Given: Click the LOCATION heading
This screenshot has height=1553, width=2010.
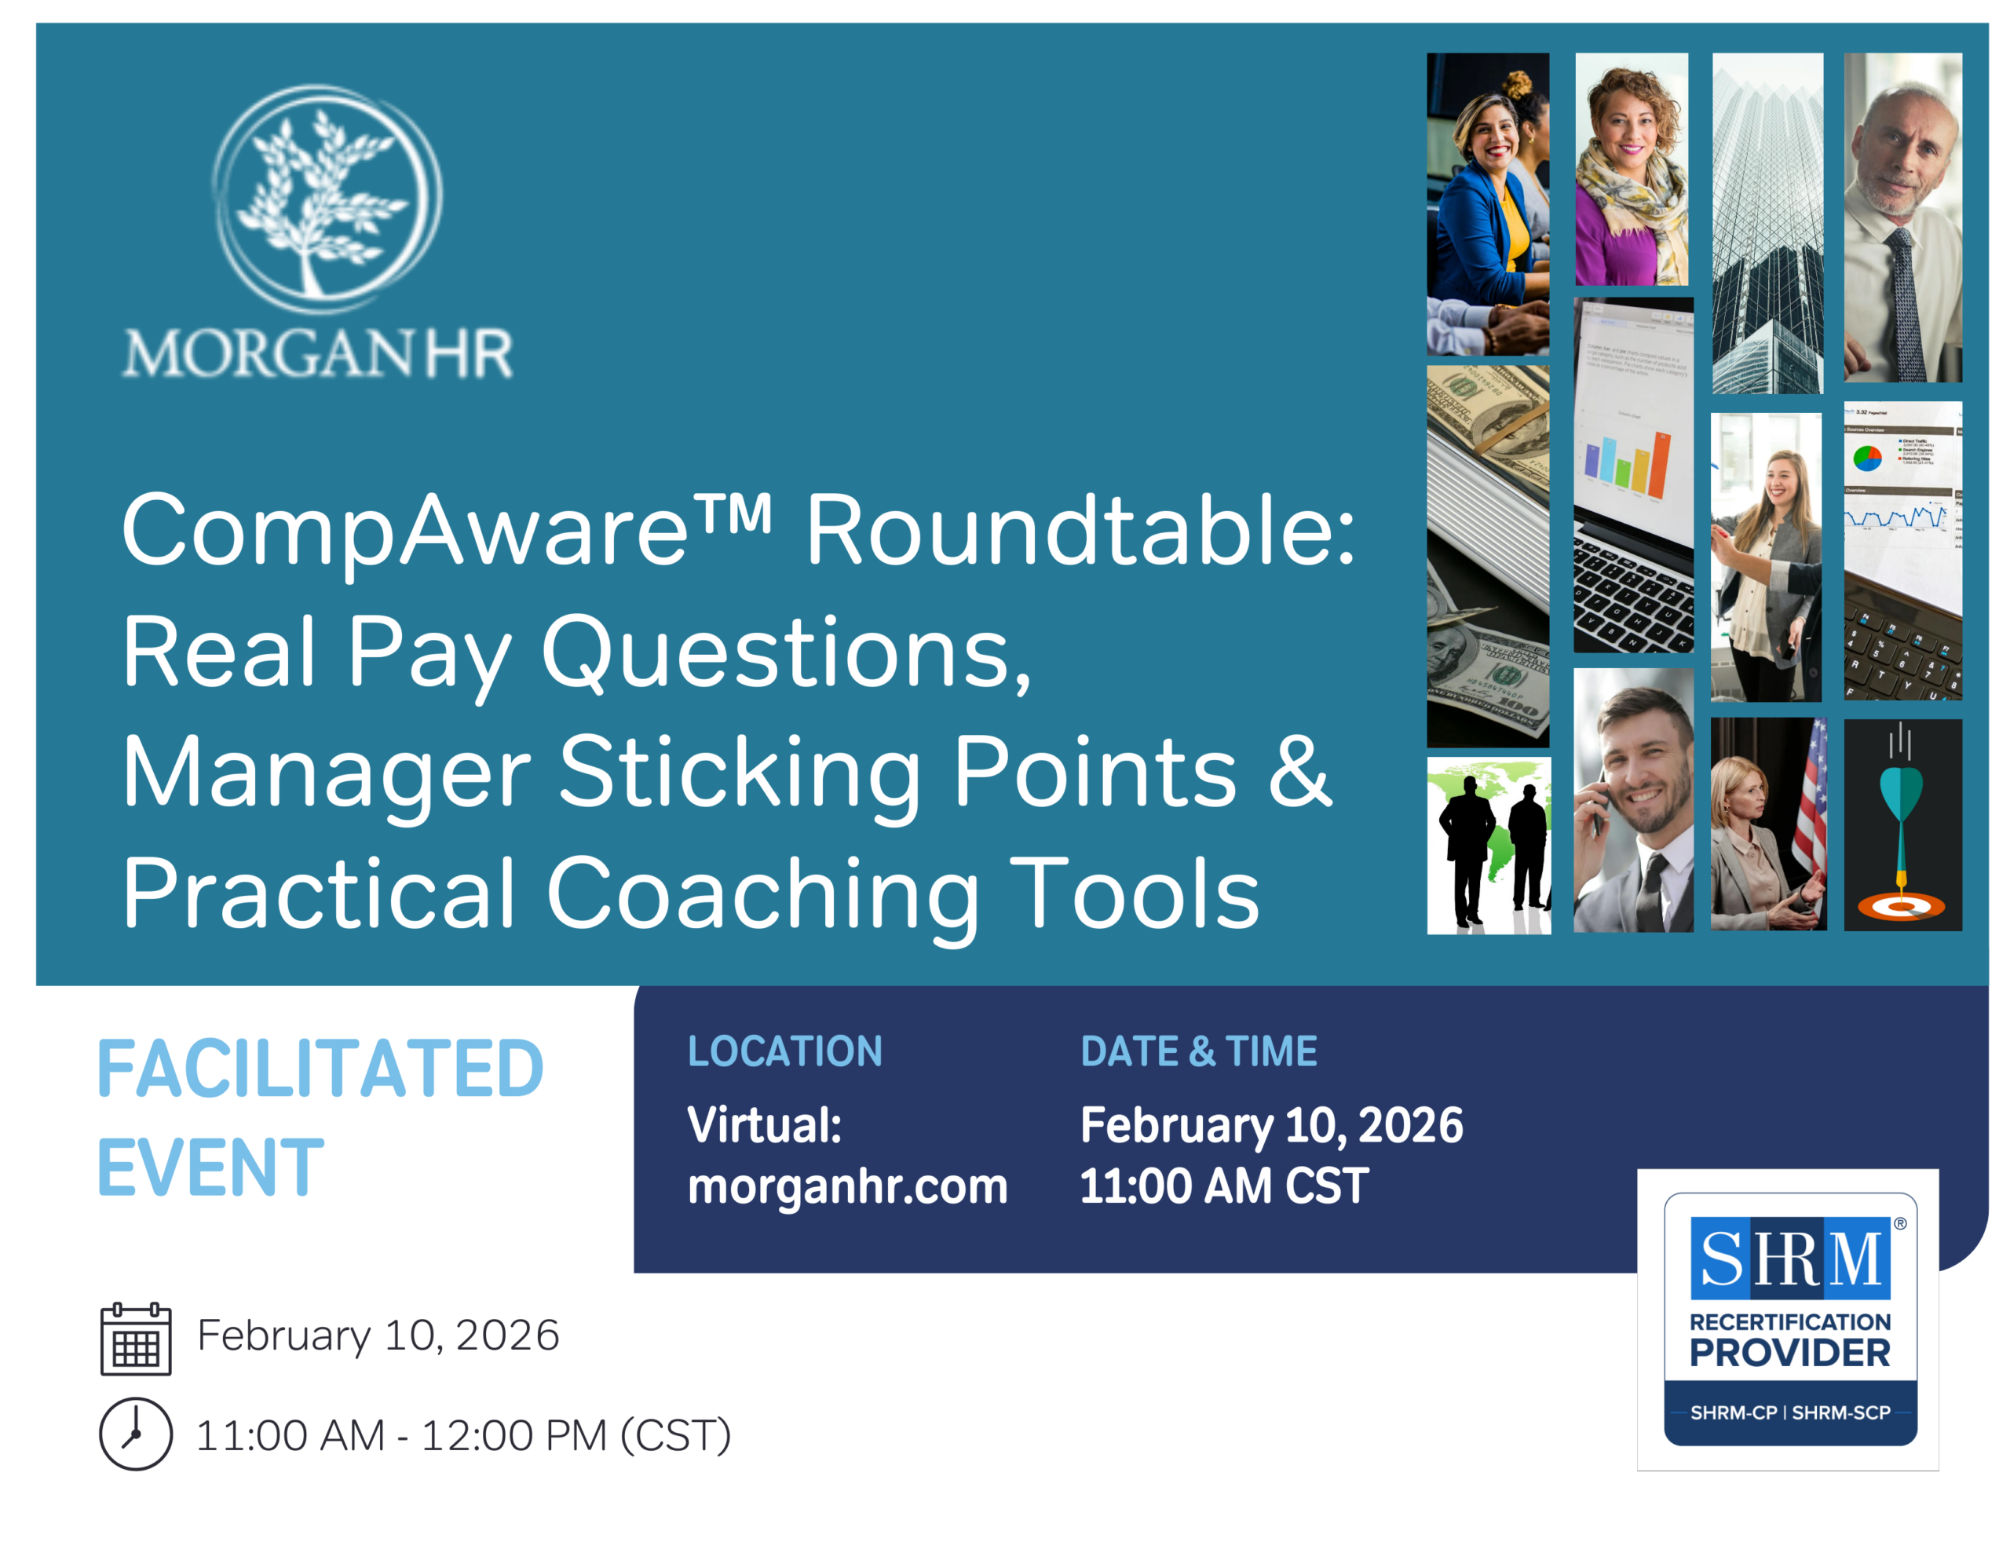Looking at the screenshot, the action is [x=785, y=1051].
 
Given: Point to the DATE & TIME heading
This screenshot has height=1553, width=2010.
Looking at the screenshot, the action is [x=1198, y=1051].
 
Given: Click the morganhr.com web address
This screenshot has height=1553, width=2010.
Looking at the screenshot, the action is [x=848, y=1186].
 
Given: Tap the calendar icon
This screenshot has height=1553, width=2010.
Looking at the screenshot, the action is [x=135, y=1339].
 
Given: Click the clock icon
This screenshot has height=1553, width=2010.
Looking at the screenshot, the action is [x=135, y=1434].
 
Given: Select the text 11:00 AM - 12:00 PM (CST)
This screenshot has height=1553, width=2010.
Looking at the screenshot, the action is [x=464, y=1435].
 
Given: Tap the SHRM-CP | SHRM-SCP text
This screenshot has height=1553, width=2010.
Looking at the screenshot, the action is [x=1790, y=1412].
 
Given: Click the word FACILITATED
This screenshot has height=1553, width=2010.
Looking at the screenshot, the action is [x=320, y=1069].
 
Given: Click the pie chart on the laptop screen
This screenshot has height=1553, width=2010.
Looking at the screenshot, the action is [x=1866, y=457].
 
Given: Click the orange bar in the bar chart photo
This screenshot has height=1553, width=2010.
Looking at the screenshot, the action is [x=1658, y=466].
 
